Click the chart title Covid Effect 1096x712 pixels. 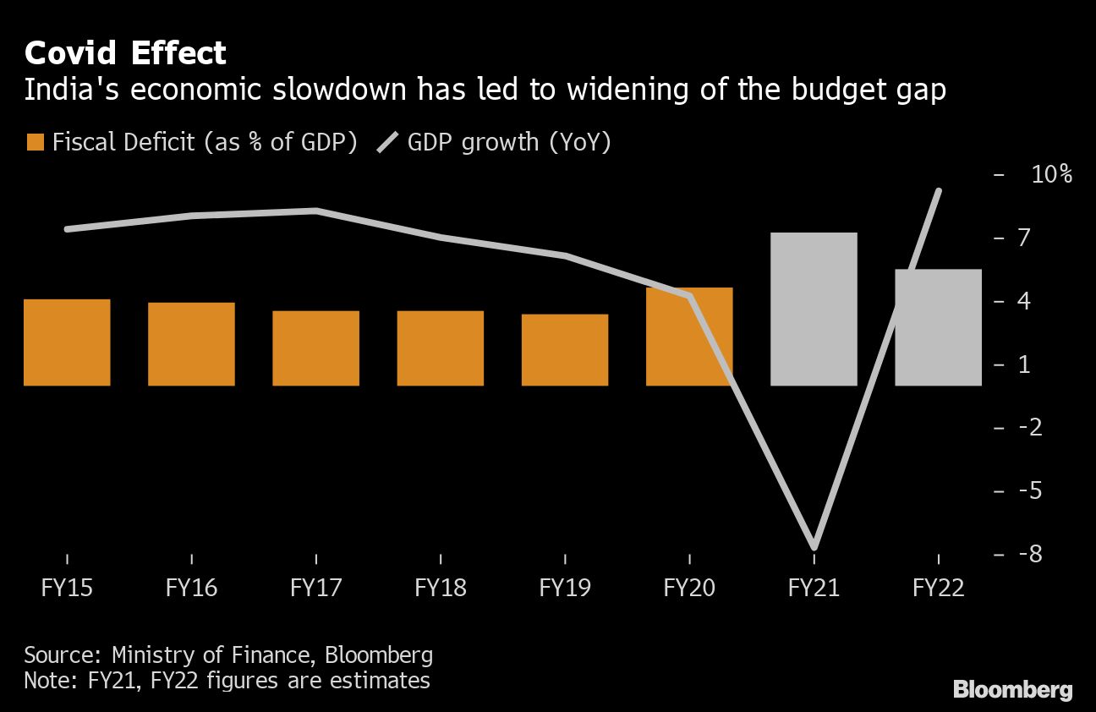click(x=125, y=53)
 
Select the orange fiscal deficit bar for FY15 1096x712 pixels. click(x=67, y=342)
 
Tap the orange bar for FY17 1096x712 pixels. click(x=315, y=348)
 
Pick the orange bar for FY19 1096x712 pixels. click(x=565, y=350)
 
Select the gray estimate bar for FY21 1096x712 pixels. click(x=814, y=309)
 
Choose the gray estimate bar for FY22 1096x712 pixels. click(x=938, y=327)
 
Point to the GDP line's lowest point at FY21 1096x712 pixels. click(x=814, y=546)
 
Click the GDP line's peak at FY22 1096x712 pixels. click(x=938, y=191)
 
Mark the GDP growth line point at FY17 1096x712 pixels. click(x=315, y=211)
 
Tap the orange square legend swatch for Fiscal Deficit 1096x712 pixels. click(x=35, y=142)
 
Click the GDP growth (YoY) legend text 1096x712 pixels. click(x=509, y=142)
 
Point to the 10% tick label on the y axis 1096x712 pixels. click(x=1051, y=175)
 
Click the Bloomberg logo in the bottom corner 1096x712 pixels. click(x=1013, y=689)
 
